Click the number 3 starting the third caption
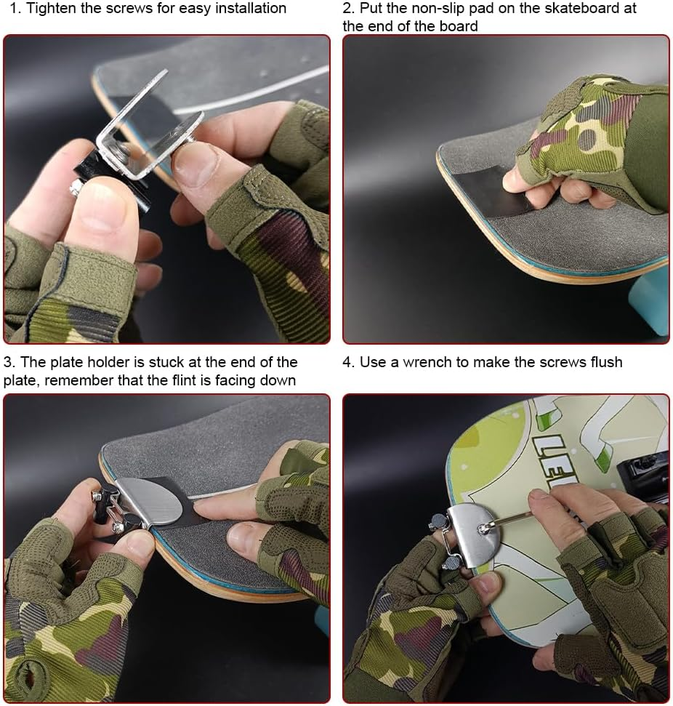click(x=8, y=362)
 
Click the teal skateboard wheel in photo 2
click(x=650, y=305)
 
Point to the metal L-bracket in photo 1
click(x=145, y=131)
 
